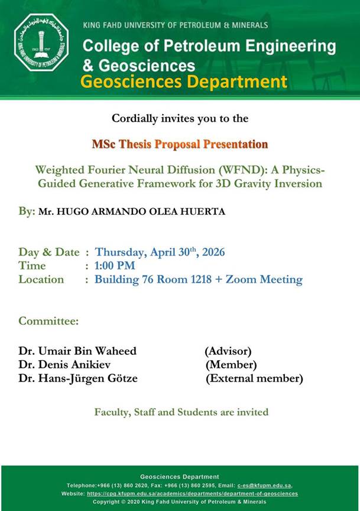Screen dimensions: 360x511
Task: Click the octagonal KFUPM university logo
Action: point(41,43)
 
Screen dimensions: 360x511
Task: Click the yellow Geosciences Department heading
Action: point(184,82)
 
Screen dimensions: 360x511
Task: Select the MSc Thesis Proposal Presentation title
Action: point(180,144)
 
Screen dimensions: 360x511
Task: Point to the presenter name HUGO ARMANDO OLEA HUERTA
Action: point(141,211)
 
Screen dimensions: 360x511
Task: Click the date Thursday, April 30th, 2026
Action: point(160,252)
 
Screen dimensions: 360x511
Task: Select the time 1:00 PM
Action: point(115,266)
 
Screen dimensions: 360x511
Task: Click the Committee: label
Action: point(48,321)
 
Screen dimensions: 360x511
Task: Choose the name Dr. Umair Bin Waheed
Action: point(77,351)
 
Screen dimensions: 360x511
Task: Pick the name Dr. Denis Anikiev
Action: point(64,364)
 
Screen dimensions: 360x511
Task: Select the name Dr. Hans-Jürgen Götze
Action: point(78,378)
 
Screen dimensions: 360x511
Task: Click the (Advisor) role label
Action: point(228,351)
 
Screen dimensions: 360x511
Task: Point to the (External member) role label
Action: point(254,379)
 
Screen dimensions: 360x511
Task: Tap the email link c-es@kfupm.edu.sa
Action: point(264,485)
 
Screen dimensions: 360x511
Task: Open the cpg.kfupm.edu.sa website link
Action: point(192,494)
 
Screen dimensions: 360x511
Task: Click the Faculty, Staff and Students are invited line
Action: point(181,412)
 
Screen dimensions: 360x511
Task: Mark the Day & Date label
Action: point(49,252)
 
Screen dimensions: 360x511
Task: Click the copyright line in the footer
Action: point(180,502)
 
